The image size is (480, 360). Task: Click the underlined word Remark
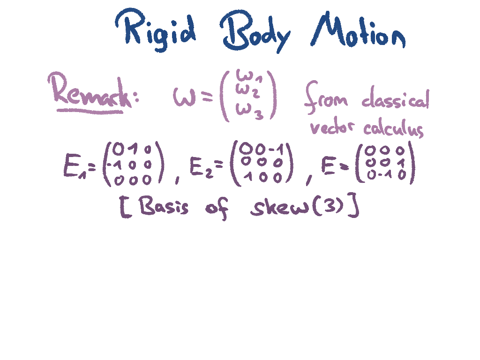(89, 94)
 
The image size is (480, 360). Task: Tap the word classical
(395, 99)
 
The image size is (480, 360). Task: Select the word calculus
(394, 128)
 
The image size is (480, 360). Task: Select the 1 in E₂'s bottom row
(246, 177)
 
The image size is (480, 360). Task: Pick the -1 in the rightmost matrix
(386, 175)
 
